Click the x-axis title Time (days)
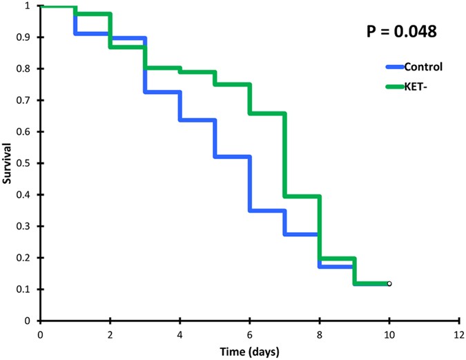pos(249,351)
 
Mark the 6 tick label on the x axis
pos(249,334)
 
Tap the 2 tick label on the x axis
pos(110,334)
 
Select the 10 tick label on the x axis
pos(389,334)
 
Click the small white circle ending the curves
pos(389,283)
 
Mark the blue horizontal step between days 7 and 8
pos(302,234)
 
